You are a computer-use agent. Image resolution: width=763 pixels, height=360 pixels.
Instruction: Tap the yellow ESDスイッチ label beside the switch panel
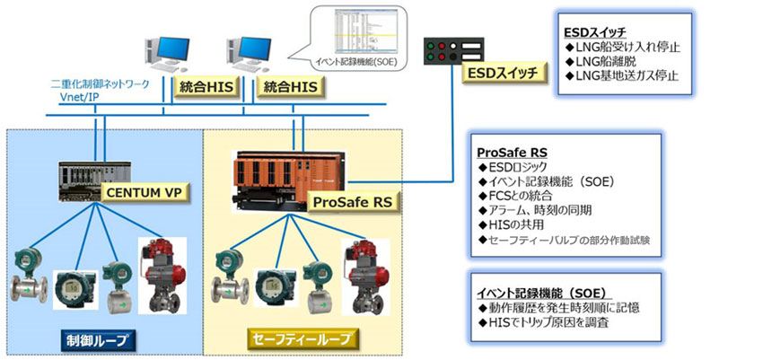(502, 73)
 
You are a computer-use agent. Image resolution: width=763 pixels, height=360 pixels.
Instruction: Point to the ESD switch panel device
(454, 50)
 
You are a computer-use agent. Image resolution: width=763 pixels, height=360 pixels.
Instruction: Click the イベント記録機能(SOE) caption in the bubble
(357, 61)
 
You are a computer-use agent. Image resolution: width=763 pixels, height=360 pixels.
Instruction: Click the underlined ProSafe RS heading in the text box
(513, 153)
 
